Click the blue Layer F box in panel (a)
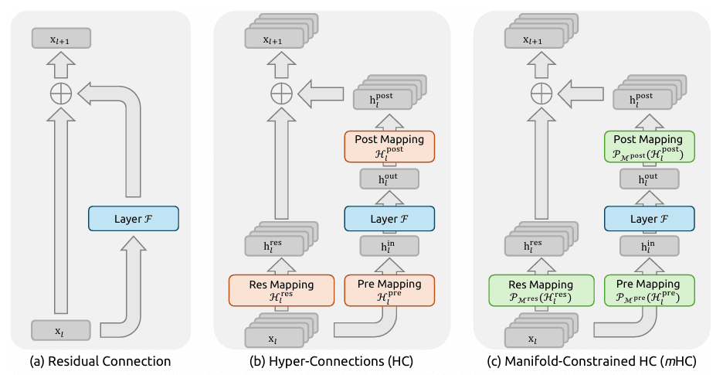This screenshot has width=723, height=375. [134, 219]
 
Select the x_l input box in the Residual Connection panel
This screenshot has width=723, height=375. [61, 330]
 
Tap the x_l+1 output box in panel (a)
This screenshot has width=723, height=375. [61, 38]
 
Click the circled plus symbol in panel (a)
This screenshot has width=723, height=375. [61, 94]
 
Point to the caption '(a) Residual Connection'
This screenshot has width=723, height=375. [100, 361]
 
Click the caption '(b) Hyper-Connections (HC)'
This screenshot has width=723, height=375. [331, 361]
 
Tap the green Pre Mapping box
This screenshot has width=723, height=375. [649, 289]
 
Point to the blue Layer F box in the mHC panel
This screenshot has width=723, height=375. [649, 219]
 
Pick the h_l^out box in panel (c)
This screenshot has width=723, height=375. [649, 179]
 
